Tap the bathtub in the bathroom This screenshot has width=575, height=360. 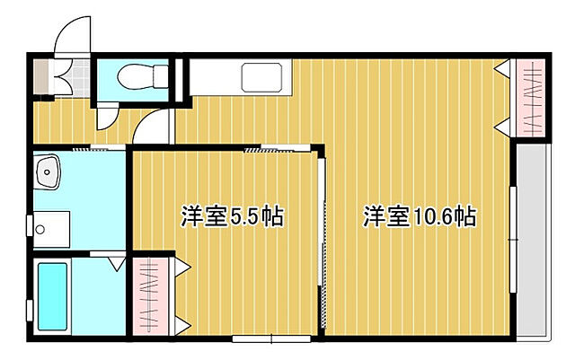[x=54, y=295]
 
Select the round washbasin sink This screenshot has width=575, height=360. [x=47, y=171]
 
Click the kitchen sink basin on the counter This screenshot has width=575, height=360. [x=266, y=77]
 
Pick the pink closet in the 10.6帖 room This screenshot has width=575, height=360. [x=529, y=100]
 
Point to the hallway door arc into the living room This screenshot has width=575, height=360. [x=152, y=131]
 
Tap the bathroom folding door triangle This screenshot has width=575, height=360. [x=114, y=264]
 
